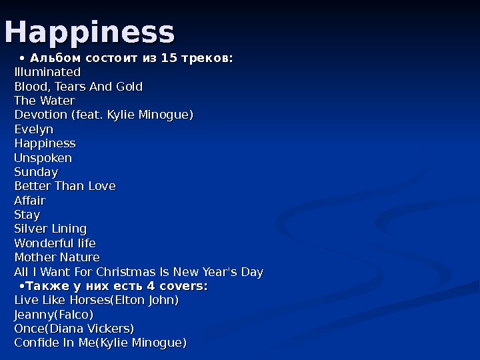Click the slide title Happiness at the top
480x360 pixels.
(89, 32)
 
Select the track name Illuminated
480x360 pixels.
(47, 72)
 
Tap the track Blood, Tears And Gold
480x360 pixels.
(79, 87)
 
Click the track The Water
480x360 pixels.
(45, 101)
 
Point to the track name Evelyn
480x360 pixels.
(34, 129)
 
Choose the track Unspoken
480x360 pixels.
(43, 158)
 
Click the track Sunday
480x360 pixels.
(36, 172)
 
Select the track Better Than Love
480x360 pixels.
(65, 186)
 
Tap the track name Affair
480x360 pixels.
(30, 201)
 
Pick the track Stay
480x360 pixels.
(27, 215)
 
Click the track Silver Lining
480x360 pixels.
(51, 229)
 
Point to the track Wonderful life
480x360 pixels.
(55, 243)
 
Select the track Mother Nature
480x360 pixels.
(57, 257)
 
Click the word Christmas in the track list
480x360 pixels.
(125, 272)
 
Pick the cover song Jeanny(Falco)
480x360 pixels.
(54, 315)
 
